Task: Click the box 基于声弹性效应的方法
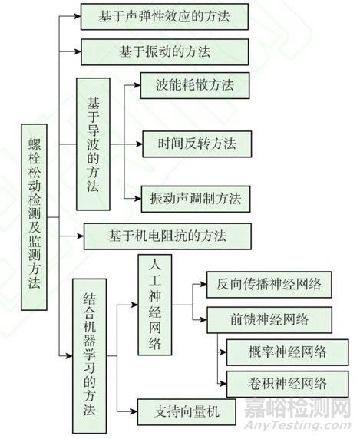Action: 164,17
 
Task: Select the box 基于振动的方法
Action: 165,52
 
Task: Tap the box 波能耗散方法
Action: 195,85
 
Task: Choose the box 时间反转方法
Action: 197,144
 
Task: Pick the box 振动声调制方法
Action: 196,199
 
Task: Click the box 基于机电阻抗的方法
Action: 167,236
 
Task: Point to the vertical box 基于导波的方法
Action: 93,144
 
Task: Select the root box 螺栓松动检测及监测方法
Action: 34,217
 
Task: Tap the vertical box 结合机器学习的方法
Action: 90,356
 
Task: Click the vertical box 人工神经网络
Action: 155,305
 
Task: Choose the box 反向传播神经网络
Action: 269,285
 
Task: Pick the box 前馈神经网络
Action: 269,320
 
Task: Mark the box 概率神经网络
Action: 288,352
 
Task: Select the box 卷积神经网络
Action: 288,384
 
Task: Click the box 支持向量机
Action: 187,412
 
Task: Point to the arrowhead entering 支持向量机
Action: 134,412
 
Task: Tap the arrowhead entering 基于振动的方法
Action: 78,51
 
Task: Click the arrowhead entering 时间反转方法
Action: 140,144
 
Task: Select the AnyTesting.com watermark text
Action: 298,426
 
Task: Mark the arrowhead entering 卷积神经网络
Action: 223,384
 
